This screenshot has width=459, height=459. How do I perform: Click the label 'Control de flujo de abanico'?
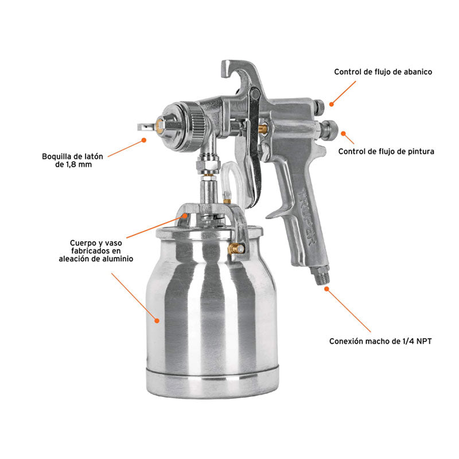coord(383,72)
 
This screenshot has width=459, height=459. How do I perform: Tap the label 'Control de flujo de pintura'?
coord(386,152)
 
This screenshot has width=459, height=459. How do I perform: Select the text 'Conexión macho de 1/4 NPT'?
coord(380,341)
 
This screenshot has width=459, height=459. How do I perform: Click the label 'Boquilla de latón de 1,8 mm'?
coord(68,160)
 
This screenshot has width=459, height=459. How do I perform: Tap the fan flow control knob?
coord(320,106)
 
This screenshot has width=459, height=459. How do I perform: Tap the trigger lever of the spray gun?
coord(253,161)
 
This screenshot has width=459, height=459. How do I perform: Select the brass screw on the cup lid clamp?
coord(235,249)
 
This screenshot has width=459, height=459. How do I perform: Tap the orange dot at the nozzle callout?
coord(143,139)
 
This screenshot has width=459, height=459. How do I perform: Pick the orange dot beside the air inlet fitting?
coord(327,289)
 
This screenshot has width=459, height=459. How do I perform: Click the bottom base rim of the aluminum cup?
coord(212,382)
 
